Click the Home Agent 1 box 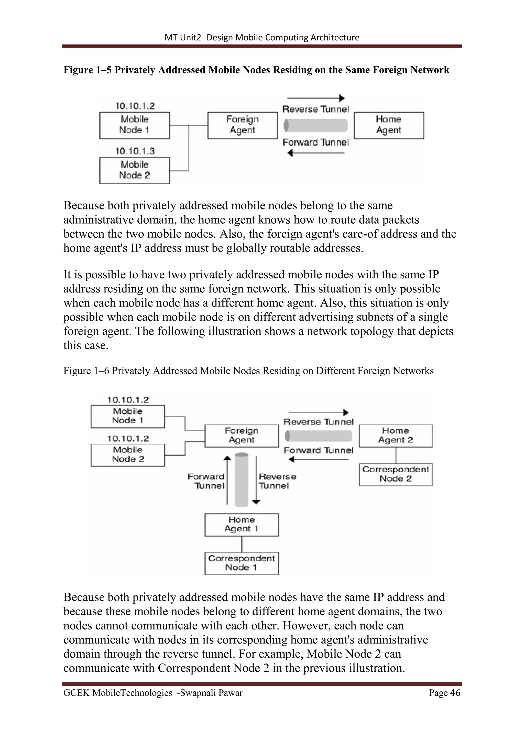[x=241, y=525]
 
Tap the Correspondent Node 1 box [x=241, y=563]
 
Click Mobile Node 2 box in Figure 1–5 [x=135, y=170]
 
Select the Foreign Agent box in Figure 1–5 [x=242, y=125]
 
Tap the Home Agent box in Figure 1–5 [x=388, y=125]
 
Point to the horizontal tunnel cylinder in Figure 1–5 [x=315, y=126]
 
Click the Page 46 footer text [x=444, y=693]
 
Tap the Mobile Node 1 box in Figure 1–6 [x=127, y=416]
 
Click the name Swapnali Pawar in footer [x=211, y=693]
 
